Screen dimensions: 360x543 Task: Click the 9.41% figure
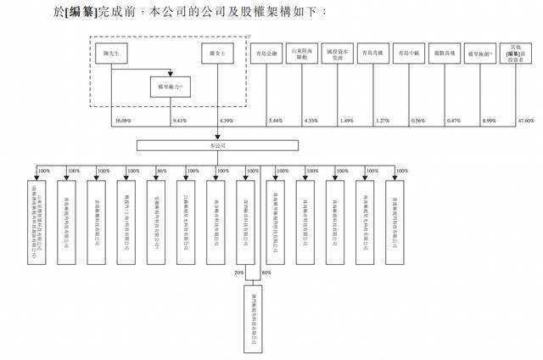click(x=178, y=121)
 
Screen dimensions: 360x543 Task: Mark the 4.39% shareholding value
click(x=226, y=121)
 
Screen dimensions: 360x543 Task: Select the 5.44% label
click(x=274, y=121)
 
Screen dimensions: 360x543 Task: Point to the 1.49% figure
click(x=345, y=121)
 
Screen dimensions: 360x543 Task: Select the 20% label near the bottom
click(x=238, y=273)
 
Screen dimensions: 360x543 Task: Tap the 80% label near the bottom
click(x=266, y=273)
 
